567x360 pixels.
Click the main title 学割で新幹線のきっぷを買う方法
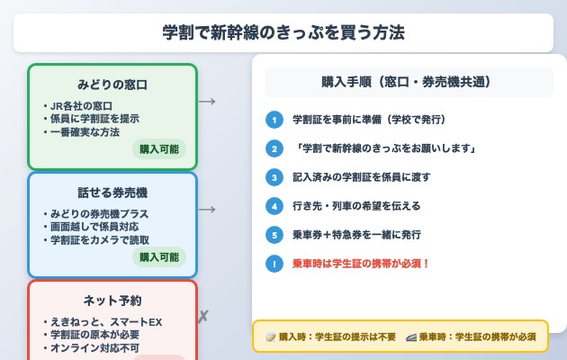click(283, 32)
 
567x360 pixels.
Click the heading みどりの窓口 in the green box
click(112, 85)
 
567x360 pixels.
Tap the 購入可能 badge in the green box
click(159, 149)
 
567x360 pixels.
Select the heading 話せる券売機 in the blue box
click(112, 193)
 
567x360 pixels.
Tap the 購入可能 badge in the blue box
click(159, 257)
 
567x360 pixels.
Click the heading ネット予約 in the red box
click(112, 301)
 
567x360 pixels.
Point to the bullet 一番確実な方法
click(86, 132)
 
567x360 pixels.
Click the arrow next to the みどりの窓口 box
click(207, 101)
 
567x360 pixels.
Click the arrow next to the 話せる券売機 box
click(207, 209)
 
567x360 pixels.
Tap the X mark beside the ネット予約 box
click(203, 316)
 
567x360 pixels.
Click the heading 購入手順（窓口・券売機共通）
click(409, 82)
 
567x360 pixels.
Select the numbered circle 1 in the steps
click(274, 120)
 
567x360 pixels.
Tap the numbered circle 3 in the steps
click(274, 176)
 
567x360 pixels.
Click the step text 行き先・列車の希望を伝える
click(356, 205)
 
